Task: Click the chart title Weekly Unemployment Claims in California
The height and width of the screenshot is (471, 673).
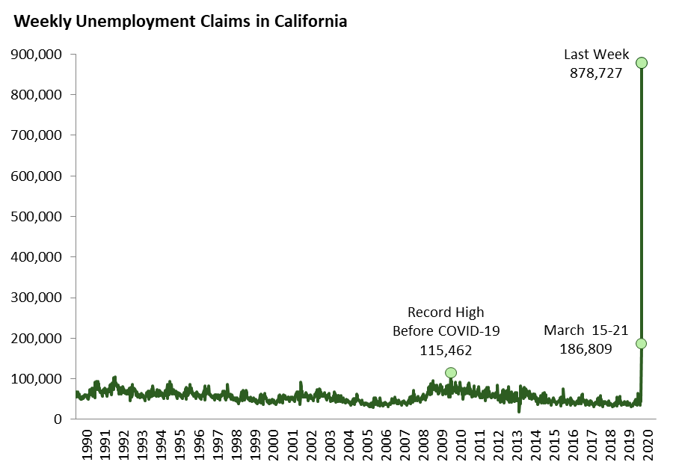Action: pyautogui.click(x=180, y=22)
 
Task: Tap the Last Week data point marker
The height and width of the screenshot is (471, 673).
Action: pyautogui.click(x=641, y=63)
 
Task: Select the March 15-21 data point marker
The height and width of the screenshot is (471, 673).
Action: pyautogui.click(x=641, y=343)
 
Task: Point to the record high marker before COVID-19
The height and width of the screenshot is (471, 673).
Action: pyautogui.click(x=450, y=372)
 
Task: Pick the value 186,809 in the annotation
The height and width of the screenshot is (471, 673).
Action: pyautogui.click(x=585, y=348)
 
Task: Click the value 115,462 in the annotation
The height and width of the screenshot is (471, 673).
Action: pyautogui.click(x=446, y=349)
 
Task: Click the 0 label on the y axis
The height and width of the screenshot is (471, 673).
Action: pyautogui.click(x=58, y=419)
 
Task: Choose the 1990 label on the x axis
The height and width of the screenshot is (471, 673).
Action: pyautogui.click(x=86, y=444)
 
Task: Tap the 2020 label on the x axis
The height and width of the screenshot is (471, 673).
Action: pyautogui.click(x=648, y=444)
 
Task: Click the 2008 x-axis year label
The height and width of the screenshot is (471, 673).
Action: pyautogui.click(x=423, y=444)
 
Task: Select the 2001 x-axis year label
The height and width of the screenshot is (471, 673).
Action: pyautogui.click(x=292, y=444)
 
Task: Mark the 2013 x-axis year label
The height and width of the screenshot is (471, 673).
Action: pyautogui.click(x=517, y=444)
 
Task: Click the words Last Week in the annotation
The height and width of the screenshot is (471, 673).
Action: pyautogui.click(x=596, y=55)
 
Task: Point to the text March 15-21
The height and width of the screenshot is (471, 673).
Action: pyautogui.click(x=585, y=330)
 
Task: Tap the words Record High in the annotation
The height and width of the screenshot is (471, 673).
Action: pyautogui.click(x=446, y=312)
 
